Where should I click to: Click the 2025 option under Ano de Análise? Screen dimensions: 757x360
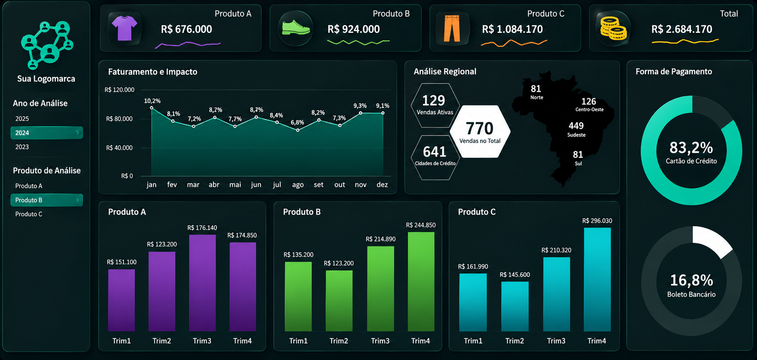click(22, 119)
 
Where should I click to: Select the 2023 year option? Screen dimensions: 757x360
click(22, 147)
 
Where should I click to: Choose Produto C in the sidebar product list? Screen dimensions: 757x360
click(29, 214)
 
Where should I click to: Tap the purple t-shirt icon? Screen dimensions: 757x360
click(124, 28)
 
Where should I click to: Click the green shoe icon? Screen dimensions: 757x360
click(295, 28)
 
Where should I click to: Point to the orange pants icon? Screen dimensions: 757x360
click(452, 28)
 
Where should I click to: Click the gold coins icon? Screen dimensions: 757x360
click(613, 28)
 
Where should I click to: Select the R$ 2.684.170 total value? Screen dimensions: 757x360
click(682, 29)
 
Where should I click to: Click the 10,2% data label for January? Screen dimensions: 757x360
click(152, 101)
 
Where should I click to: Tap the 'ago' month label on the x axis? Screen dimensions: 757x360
click(298, 184)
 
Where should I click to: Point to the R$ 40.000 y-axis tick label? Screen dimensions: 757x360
click(119, 148)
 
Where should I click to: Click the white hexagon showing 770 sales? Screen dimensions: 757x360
click(480, 132)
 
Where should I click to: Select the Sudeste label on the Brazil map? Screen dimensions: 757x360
click(576, 135)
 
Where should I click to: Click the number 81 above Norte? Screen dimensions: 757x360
click(536, 89)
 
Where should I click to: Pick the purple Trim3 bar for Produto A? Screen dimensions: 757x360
click(203, 283)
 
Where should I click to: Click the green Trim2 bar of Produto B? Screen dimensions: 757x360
click(339, 301)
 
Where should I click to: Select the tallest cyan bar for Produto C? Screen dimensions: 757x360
click(598, 280)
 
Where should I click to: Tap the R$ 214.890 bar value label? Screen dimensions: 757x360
click(381, 239)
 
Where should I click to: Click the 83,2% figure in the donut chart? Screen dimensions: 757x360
click(691, 148)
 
